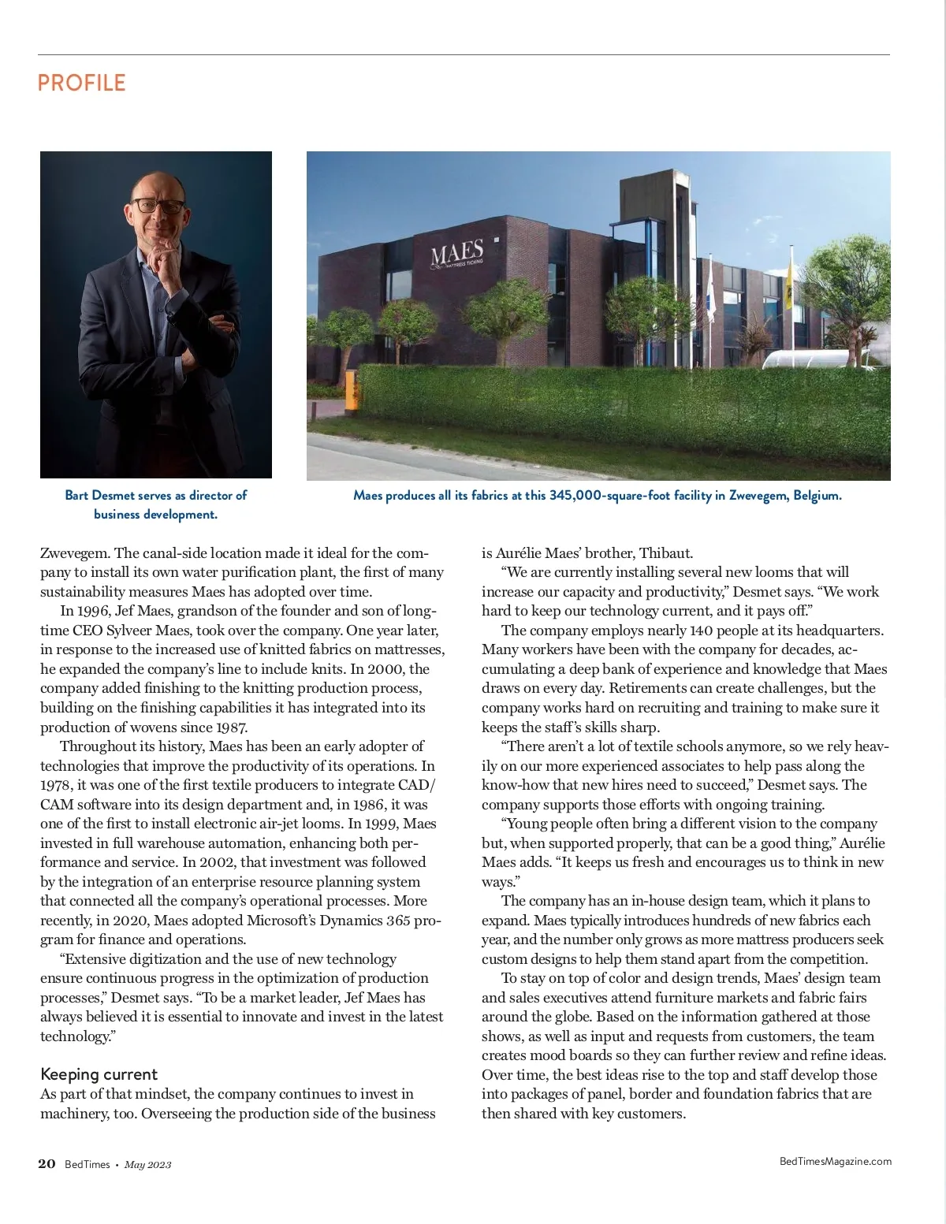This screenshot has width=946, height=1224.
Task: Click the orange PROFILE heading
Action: (x=82, y=83)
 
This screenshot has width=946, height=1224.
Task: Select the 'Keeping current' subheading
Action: (x=99, y=1074)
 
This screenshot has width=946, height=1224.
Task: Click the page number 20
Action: (x=47, y=1164)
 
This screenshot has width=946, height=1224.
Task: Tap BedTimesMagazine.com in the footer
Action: (x=835, y=1161)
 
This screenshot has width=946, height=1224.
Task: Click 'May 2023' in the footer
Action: (x=147, y=1165)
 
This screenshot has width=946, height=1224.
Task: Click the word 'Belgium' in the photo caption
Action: (x=817, y=496)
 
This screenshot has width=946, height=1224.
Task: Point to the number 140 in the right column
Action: (x=702, y=631)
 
